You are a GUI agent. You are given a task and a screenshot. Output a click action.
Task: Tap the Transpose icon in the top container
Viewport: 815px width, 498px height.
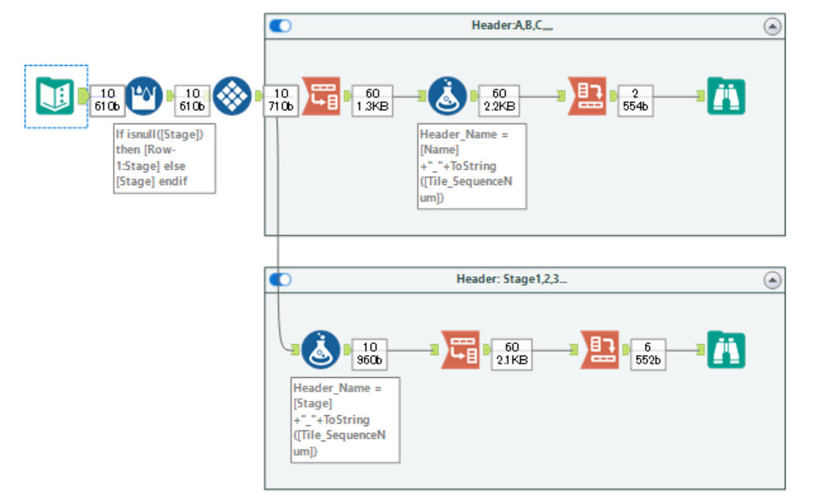tap(322, 96)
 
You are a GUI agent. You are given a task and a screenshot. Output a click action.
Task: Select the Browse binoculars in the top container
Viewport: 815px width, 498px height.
tap(725, 96)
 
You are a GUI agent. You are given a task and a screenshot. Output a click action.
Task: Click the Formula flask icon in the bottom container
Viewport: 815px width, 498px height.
tap(321, 349)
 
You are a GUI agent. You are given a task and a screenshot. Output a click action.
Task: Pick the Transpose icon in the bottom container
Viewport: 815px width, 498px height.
tap(460, 349)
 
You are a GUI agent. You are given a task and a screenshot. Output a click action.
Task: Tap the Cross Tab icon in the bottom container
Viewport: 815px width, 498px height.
tap(599, 349)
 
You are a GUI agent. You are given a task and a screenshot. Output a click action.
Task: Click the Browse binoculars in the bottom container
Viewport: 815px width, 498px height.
tap(725, 349)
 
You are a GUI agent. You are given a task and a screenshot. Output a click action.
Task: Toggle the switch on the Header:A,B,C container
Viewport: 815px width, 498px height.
tap(280, 25)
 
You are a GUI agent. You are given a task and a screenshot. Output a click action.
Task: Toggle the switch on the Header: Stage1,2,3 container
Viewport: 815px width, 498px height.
tap(280, 279)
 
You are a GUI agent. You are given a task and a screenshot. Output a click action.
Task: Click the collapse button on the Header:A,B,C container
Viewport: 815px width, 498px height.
tap(772, 26)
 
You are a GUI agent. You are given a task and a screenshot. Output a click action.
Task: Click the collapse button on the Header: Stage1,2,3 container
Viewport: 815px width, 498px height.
tap(772, 280)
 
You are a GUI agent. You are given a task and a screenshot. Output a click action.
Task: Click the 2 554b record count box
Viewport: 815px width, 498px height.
tap(634, 99)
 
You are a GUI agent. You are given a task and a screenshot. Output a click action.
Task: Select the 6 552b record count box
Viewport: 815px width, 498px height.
tap(647, 353)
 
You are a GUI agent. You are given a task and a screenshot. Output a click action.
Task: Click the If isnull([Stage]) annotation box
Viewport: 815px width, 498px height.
tap(164, 158)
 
